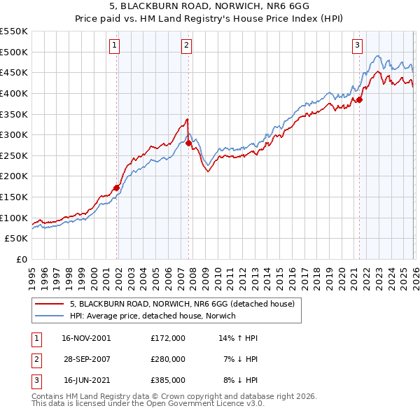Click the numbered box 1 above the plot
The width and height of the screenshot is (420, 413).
coord(114,46)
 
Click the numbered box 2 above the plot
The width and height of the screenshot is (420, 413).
coord(187,46)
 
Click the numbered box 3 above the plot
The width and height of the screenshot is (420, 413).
coord(357,46)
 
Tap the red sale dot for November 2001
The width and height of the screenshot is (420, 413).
coord(116,188)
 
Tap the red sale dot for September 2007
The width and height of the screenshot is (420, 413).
coord(188,143)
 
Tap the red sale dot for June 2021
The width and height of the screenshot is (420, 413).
coord(359,99)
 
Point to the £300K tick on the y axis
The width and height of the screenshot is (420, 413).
coord(14,134)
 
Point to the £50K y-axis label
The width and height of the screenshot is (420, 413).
coord(17,239)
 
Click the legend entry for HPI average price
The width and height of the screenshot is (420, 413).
coord(153,316)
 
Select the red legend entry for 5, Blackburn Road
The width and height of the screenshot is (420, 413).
coord(185,304)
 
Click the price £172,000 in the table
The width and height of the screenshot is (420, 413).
coord(168,337)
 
